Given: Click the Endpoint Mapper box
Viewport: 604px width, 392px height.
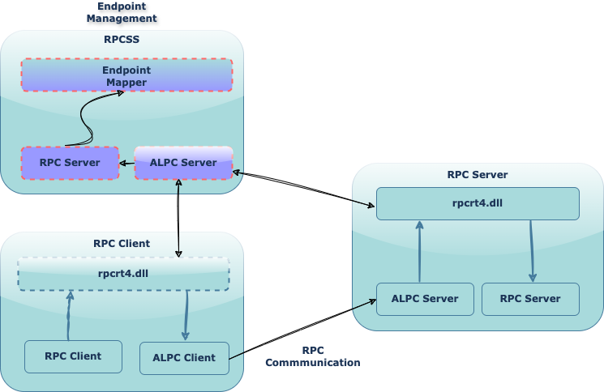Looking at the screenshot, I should [x=126, y=75].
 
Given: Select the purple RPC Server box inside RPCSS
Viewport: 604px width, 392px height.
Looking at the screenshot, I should [x=70, y=163].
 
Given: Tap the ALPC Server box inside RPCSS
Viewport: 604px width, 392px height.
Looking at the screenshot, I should [x=183, y=163].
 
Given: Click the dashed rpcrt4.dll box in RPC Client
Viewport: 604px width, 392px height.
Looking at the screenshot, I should [x=124, y=274].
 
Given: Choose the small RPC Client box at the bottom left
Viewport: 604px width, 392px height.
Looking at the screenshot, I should [x=73, y=356].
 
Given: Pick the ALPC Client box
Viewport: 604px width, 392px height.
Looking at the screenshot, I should [x=184, y=358].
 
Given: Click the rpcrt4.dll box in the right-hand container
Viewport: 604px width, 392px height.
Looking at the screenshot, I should [x=478, y=203].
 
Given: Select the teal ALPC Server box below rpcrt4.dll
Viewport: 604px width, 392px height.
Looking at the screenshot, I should [x=425, y=299].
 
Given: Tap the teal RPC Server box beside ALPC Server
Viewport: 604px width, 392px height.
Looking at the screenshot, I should [x=530, y=299].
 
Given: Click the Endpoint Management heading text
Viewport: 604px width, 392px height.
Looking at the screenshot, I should [x=122, y=11].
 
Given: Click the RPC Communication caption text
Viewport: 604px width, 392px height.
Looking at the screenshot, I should [x=312, y=356].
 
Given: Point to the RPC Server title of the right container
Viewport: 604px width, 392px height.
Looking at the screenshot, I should [x=478, y=174].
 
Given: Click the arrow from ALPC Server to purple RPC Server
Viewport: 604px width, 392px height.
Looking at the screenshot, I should [x=126, y=164].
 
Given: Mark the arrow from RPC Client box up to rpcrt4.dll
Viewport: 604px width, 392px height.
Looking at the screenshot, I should [x=70, y=316].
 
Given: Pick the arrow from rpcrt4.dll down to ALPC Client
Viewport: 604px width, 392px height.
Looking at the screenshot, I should [x=186, y=316].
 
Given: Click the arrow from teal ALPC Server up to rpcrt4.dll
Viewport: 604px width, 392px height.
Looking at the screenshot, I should [x=419, y=251].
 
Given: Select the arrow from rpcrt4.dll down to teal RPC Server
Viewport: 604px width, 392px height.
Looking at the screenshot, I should [x=532, y=251].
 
